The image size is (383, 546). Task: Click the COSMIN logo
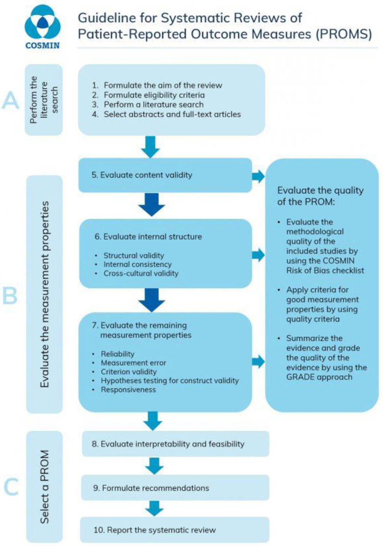pos(42,27)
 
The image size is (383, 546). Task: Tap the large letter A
pos(11,100)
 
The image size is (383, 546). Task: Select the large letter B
pos(10,296)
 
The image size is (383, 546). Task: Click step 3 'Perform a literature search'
pos(153,105)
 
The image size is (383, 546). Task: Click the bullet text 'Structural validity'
pos(134,255)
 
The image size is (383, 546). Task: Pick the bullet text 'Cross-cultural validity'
pos(141,273)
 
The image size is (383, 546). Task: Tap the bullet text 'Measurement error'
pos(133,363)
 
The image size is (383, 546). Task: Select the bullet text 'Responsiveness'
pos(128,390)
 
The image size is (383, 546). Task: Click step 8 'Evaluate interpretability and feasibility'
pos(168,444)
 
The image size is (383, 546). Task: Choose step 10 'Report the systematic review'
pos(154,530)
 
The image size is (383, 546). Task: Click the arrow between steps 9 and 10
pos(154,508)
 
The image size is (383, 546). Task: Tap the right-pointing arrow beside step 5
pos(259,176)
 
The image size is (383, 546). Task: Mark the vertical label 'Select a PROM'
pos(45,487)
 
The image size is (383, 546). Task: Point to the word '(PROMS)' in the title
pos(344,34)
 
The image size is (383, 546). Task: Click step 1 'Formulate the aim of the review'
pos(157,86)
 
